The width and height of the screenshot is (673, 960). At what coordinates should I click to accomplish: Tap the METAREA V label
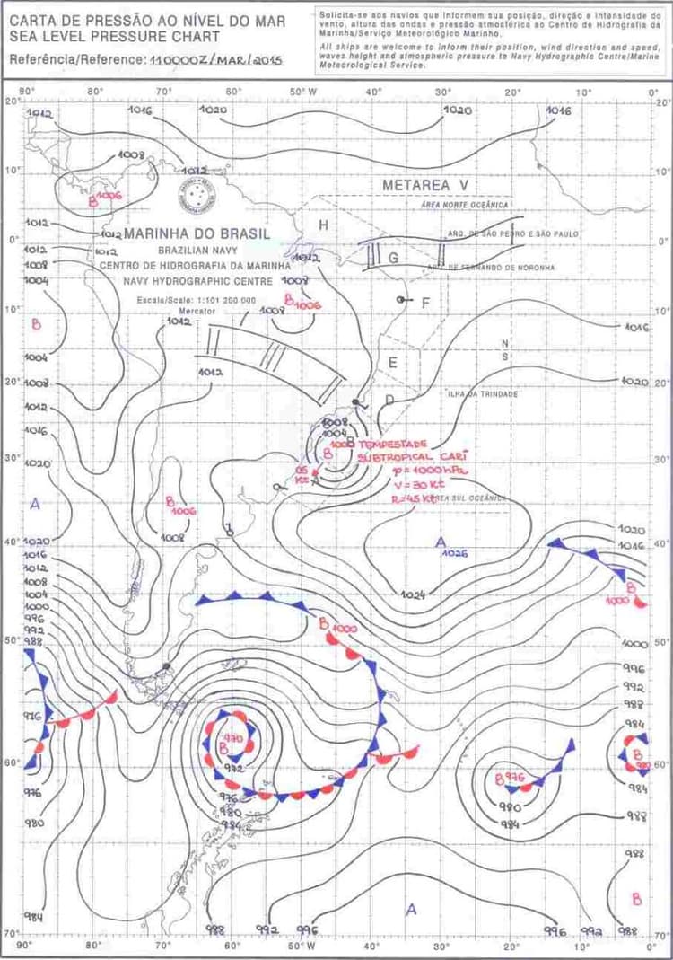tap(425, 185)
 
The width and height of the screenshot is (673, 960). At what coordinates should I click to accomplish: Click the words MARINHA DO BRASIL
tap(197, 233)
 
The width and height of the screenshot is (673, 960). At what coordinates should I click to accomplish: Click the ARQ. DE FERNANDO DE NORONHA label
tap(491, 267)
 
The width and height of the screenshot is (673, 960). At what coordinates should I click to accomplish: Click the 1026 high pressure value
tap(455, 554)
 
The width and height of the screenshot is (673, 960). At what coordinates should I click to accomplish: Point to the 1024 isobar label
tap(412, 594)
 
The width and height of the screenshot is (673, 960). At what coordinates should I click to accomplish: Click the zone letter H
tap(323, 224)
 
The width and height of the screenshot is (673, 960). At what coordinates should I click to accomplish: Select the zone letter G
tap(393, 257)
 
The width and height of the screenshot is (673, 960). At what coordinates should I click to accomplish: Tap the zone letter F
tap(425, 303)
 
